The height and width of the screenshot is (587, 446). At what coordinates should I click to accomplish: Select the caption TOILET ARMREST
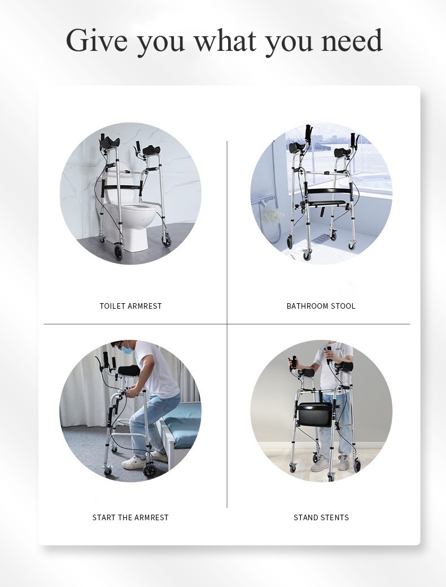(130, 306)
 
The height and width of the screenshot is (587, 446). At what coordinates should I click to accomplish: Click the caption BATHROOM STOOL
(321, 306)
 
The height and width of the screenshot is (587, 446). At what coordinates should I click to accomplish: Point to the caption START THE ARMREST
(130, 517)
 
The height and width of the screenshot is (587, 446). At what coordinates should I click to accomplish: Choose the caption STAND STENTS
(321, 517)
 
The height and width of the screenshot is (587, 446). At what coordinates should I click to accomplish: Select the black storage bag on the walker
(316, 414)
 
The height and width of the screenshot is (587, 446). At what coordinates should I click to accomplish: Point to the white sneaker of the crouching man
(133, 461)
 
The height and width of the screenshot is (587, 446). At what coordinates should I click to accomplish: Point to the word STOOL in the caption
(343, 306)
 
